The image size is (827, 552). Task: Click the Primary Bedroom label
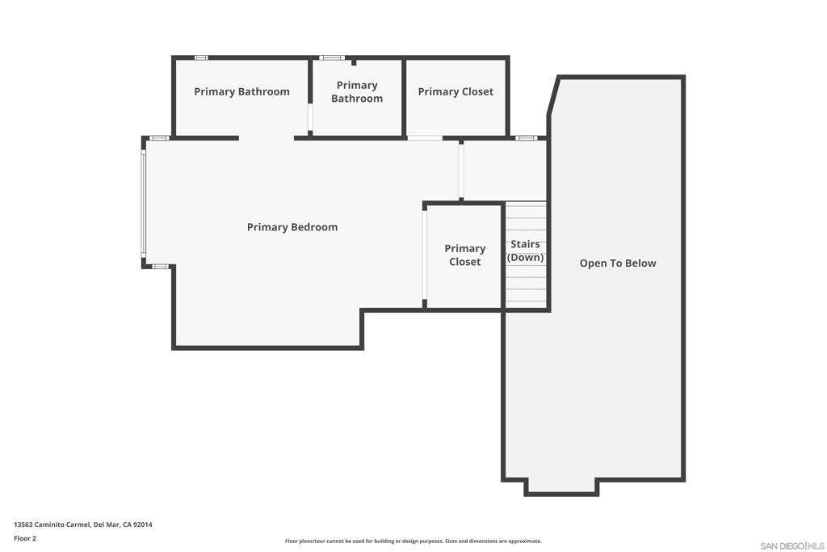click(292, 227)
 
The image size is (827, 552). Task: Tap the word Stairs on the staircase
click(525, 244)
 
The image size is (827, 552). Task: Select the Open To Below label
click(618, 263)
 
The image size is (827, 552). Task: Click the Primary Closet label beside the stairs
click(464, 255)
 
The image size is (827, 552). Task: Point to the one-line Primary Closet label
click(455, 92)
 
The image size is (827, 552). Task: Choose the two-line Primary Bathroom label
click(357, 92)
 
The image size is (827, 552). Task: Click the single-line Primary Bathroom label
click(241, 92)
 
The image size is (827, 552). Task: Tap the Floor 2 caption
click(25, 539)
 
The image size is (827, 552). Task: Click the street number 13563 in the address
click(23, 525)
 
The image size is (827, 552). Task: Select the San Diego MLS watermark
click(792, 546)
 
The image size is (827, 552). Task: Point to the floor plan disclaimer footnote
click(413, 541)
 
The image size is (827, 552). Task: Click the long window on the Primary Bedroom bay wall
click(143, 203)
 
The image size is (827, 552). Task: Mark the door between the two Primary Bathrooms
click(310, 117)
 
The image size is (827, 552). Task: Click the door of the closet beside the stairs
click(424, 255)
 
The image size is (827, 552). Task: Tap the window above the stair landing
click(526, 138)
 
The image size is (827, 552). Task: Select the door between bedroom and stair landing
click(461, 171)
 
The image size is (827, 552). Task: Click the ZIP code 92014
click(143, 525)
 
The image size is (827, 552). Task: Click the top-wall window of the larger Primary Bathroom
click(201, 57)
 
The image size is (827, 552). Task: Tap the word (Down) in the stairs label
click(525, 258)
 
